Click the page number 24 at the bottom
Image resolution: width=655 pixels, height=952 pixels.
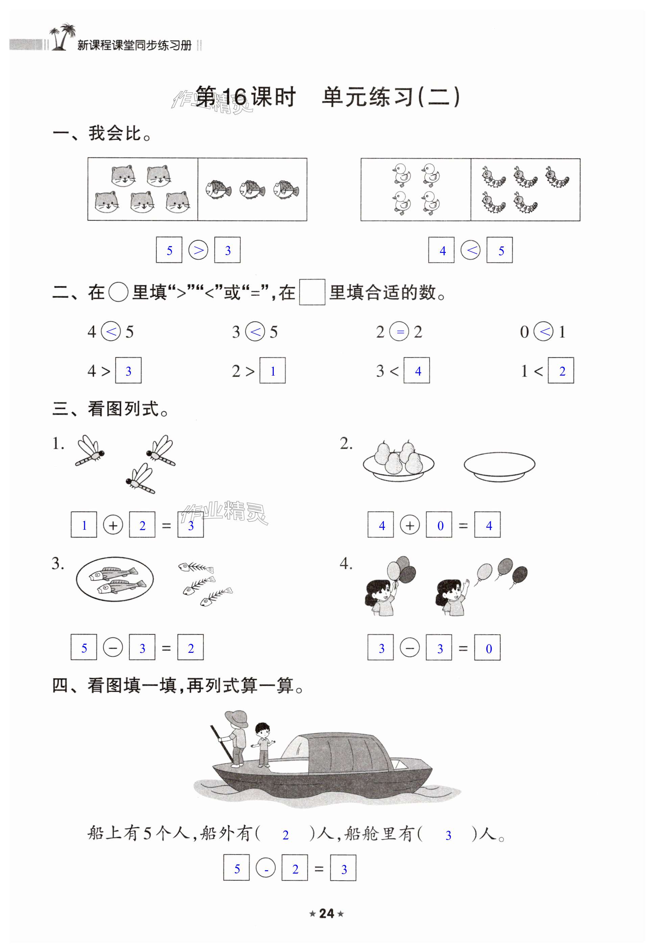coord(327,913)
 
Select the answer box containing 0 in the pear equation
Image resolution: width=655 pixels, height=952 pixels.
coord(439,525)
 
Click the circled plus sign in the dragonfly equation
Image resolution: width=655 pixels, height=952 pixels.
coord(113,525)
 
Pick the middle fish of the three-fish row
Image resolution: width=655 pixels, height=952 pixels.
coord(252,190)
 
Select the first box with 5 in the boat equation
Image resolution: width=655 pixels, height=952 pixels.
coord(236,868)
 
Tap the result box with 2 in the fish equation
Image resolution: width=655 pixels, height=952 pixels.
coord(190,647)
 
